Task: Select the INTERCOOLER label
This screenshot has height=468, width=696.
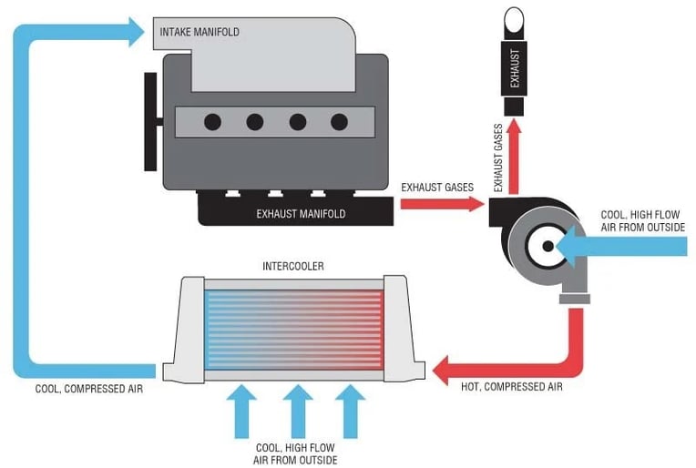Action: (292, 266)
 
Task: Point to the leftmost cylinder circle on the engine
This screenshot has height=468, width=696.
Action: (212, 121)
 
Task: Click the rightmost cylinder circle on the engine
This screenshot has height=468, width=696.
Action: (339, 121)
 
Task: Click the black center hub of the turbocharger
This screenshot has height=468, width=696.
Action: (547, 245)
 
